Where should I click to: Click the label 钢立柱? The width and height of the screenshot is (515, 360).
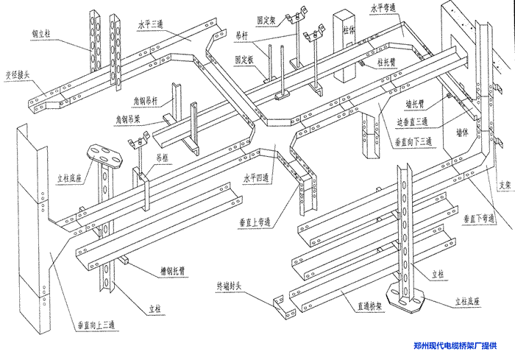[43, 34]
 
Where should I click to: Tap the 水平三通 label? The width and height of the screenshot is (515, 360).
[153, 24]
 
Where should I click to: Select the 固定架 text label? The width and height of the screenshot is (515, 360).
[266, 20]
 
